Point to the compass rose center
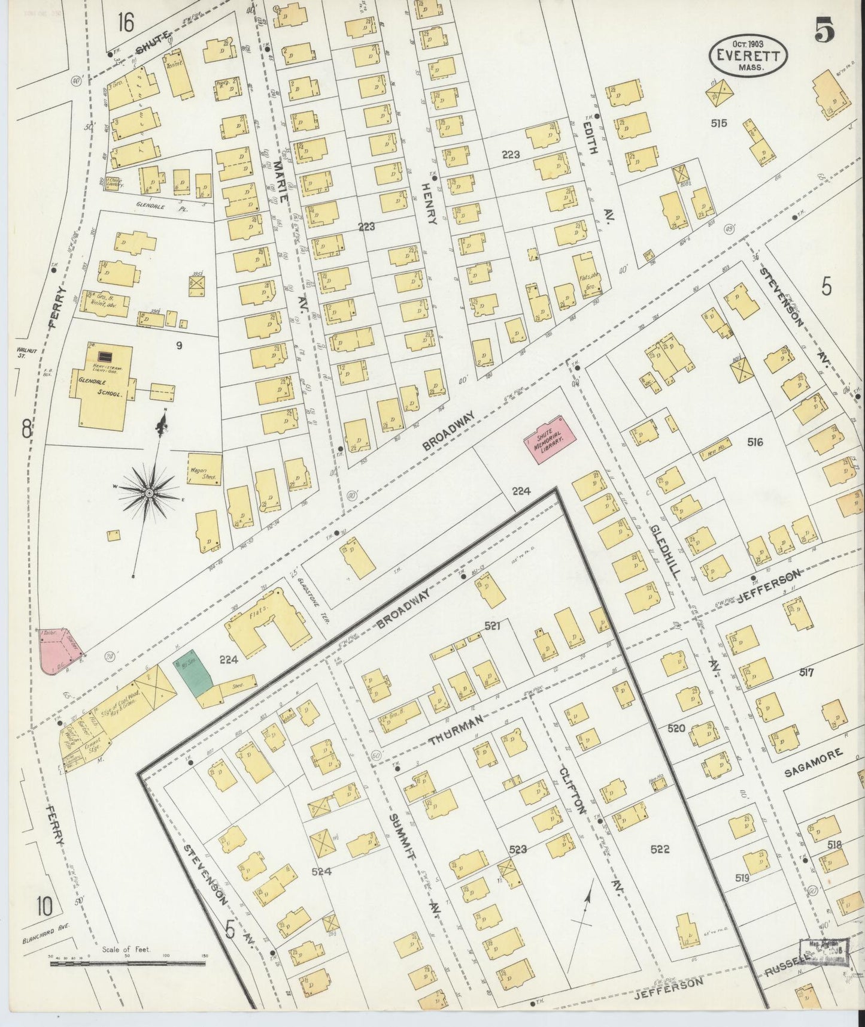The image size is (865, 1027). pos(148,493)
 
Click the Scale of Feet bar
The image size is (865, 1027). pos(129,963)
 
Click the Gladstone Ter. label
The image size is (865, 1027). pos(310,595)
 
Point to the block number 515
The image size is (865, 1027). pos(718,123)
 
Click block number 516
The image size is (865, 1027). pos(755,442)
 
